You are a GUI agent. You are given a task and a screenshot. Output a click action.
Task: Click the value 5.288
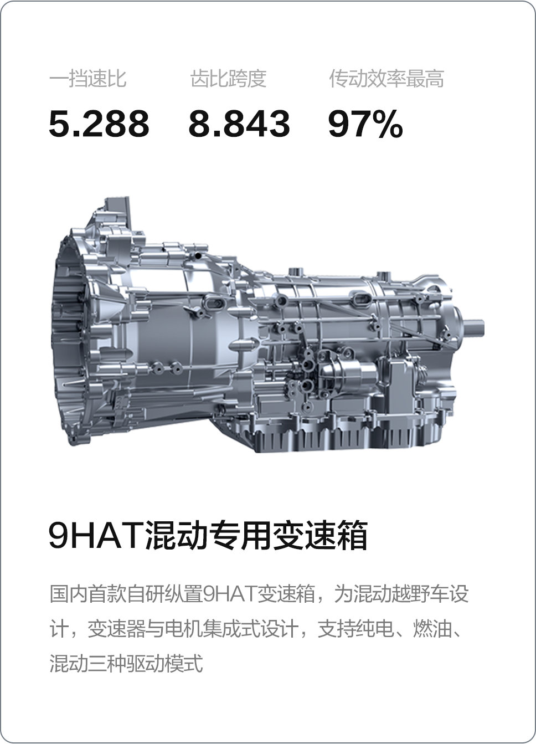tap(99, 124)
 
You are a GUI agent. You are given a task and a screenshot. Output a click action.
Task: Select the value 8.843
tap(239, 124)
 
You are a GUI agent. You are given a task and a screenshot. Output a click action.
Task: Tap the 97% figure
tap(365, 124)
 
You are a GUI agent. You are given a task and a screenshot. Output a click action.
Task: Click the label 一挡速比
tap(87, 79)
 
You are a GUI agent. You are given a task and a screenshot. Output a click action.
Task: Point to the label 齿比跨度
tap(228, 79)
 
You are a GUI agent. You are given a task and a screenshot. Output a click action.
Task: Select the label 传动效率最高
tap(386, 79)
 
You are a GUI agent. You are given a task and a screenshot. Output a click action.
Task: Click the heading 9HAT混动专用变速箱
tap(208, 536)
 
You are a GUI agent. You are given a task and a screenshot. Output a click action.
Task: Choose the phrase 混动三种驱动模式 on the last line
tap(126, 663)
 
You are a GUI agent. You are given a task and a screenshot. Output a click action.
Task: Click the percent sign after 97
tap(388, 124)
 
